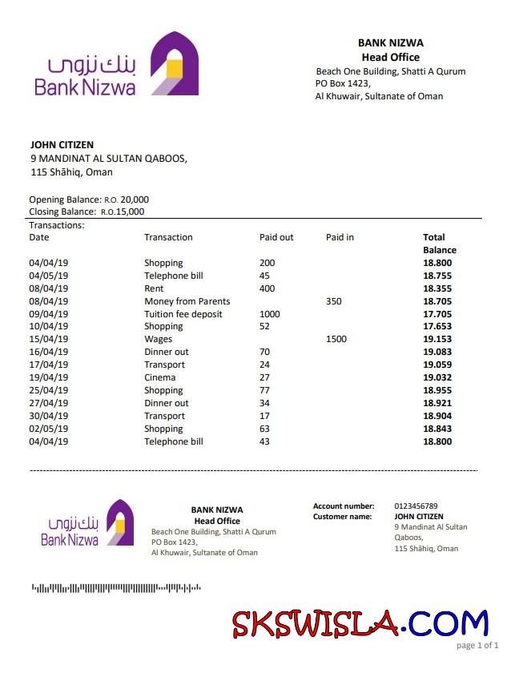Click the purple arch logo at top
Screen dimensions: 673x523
pos(175,63)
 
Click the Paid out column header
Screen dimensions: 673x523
pos(276,237)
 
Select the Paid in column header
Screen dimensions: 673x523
pos(340,237)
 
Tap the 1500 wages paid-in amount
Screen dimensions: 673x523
pos(336,340)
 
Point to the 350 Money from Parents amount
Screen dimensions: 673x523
pos(334,301)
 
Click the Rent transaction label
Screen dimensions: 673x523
pos(154,288)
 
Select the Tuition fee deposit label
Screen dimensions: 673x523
pos(183,314)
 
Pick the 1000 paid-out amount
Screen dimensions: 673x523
pos(270,314)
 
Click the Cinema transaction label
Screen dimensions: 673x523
pos(159,377)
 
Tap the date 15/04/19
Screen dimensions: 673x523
pos(49,340)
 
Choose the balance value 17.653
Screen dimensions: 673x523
pos(437,327)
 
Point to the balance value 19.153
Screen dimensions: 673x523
pos(437,340)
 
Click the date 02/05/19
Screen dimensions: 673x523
pos(49,429)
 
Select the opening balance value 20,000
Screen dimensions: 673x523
pos(135,199)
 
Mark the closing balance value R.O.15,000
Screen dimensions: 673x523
pos(123,212)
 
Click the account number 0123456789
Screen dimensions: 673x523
pos(416,506)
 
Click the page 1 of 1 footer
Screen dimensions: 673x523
pos(477,645)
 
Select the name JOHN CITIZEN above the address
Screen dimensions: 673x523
pos(62,145)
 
